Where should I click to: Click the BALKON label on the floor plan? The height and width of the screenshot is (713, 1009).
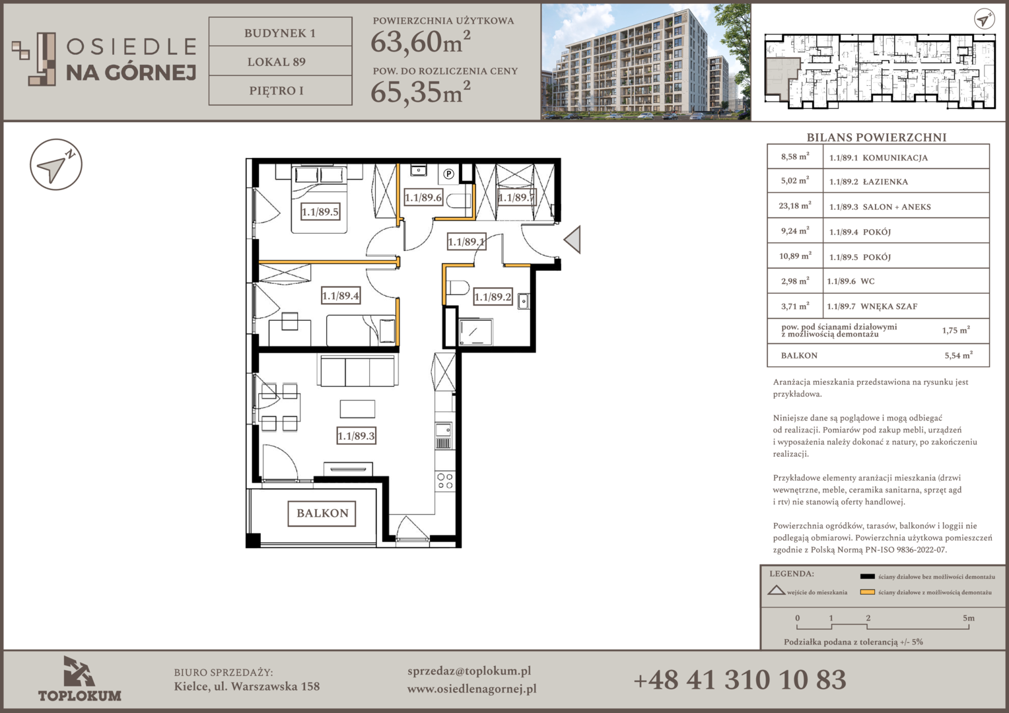[x=322, y=514]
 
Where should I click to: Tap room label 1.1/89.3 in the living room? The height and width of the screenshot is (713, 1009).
[x=357, y=436]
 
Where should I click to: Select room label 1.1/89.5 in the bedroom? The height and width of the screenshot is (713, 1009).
[x=320, y=212]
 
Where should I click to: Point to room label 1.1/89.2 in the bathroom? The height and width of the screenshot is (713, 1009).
[x=493, y=297]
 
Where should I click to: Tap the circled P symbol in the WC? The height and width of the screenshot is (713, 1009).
[x=448, y=174]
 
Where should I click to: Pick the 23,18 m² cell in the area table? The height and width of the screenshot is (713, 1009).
[x=795, y=206]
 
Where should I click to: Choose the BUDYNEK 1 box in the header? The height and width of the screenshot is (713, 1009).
[x=280, y=32]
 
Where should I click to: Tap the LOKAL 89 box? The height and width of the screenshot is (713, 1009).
[x=280, y=61]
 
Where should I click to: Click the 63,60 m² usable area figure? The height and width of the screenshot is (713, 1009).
[x=420, y=42]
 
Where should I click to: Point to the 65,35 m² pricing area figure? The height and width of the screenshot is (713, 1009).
[x=420, y=92]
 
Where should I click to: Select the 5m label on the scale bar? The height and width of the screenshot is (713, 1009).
[x=969, y=618]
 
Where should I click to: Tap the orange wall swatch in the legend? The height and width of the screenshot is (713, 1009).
[x=867, y=592]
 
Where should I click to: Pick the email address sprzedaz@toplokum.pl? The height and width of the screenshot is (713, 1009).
[x=469, y=671]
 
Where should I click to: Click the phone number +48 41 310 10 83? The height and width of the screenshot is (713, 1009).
[x=740, y=680]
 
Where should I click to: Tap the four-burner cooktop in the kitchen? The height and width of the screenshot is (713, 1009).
[x=445, y=481]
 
